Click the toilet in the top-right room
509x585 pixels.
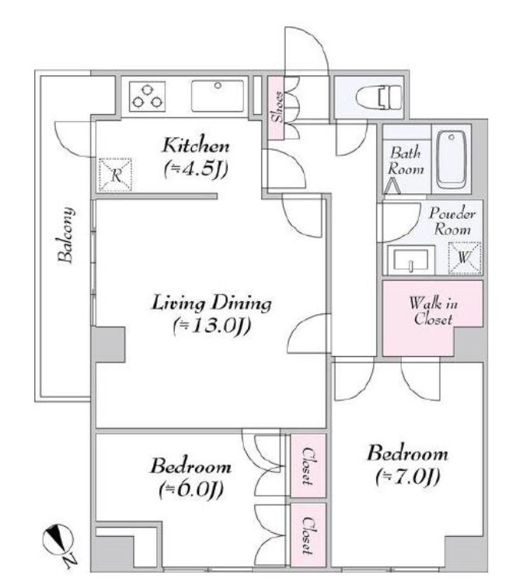click(x=378, y=98)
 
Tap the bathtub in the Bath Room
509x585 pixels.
click(x=451, y=159)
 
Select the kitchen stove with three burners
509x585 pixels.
click(x=147, y=96)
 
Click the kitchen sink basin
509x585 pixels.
click(x=218, y=96)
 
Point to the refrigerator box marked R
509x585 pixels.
click(x=116, y=175)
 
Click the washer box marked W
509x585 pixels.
click(x=464, y=258)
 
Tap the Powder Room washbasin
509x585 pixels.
click(x=411, y=260)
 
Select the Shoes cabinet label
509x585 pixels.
click(x=278, y=107)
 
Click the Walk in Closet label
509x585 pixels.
click(x=433, y=311)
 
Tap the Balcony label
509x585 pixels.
click(x=66, y=235)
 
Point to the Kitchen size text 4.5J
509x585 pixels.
click(x=196, y=169)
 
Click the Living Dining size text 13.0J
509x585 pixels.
click(x=211, y=327)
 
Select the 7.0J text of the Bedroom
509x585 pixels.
click(x=407, y=476)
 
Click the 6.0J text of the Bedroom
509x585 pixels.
click(x=191, y=489)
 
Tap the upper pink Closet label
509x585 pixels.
click(x=308, y=466)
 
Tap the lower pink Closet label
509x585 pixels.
click(x=308, y=535)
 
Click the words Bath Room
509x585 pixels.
click(x=406, y=161)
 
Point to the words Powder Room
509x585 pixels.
click(x=452, y=221)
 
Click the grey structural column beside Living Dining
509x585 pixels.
click(x=108, y=344)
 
